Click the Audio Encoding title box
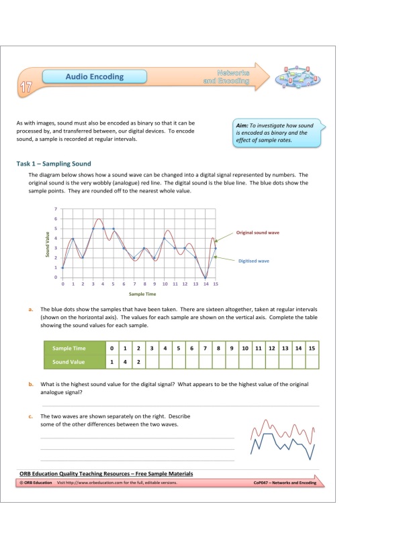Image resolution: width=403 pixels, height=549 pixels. pyautogui.click(x=94, y=76)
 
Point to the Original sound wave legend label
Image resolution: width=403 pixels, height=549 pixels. pyautogui.click(x=258, y=233)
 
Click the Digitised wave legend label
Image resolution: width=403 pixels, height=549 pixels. pyautogui.click(x=254, y=261)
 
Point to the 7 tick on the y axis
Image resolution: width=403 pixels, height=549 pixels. pyautogui.click(x=56, y=210)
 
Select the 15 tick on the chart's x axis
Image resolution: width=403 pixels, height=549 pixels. pyautogui.click(x=216, y=284)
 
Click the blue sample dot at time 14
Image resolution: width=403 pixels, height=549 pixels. pyautogui.click(x=206, y=278)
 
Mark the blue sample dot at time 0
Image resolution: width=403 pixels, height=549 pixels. pyautogui.click(x=62, y=268)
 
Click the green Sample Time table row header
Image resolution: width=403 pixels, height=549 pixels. pyautogui.click(x=69, y=349)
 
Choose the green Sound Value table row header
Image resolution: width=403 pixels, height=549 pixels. pyautogui.click(x=69, y=362)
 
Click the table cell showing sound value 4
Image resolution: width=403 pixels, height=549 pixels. pyautogui.click(x=125, y=362)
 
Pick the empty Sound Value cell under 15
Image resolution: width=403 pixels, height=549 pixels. pyautogui.click(x=311, y=362)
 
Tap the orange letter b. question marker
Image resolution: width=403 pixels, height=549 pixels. pyautogui.click(x=31, y=384)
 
